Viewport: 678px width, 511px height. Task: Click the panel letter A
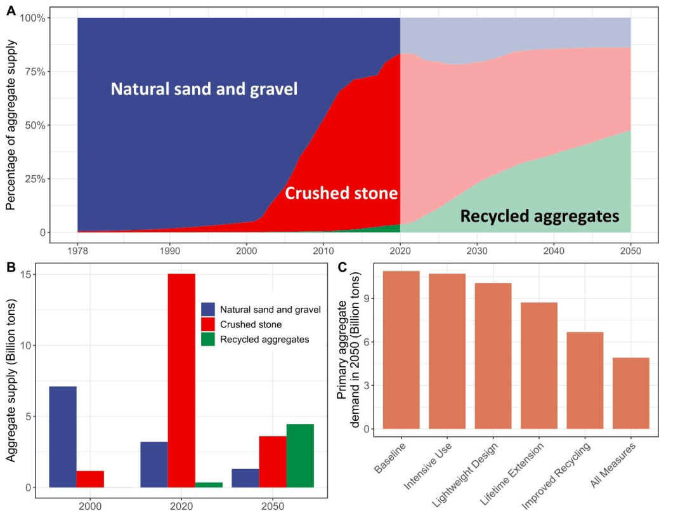(11, 10)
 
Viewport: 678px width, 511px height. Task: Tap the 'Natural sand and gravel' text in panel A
(204, 90)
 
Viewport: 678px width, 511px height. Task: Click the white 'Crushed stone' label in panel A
(341, 193)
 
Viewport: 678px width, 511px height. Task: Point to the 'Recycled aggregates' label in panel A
(539, 217)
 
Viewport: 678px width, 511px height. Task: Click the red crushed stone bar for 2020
(181, 380)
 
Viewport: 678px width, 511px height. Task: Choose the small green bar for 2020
(209, 485)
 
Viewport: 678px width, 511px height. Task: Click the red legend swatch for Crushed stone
(208, 324)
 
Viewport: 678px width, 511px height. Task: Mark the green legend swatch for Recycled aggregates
(208, 340)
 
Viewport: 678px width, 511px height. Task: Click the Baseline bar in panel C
(401, 350)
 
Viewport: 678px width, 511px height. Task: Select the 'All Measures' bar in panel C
(630, 394)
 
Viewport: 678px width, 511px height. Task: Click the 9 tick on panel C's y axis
(367, 298)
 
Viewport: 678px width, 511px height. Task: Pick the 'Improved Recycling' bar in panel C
(585, 381)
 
